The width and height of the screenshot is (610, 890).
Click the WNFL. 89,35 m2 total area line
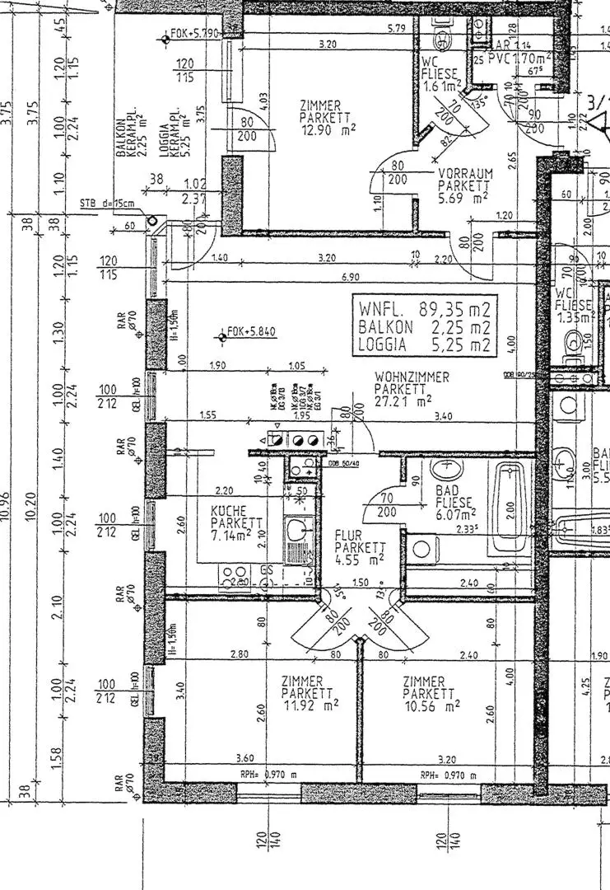click(424, 309)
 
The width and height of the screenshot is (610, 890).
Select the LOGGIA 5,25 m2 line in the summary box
click(424, 345)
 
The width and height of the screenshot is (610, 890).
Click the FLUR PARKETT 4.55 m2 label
click(360, 546)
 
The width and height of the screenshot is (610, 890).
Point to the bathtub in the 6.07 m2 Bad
click(511, 510)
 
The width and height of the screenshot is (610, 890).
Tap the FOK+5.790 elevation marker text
click(194, 34)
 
